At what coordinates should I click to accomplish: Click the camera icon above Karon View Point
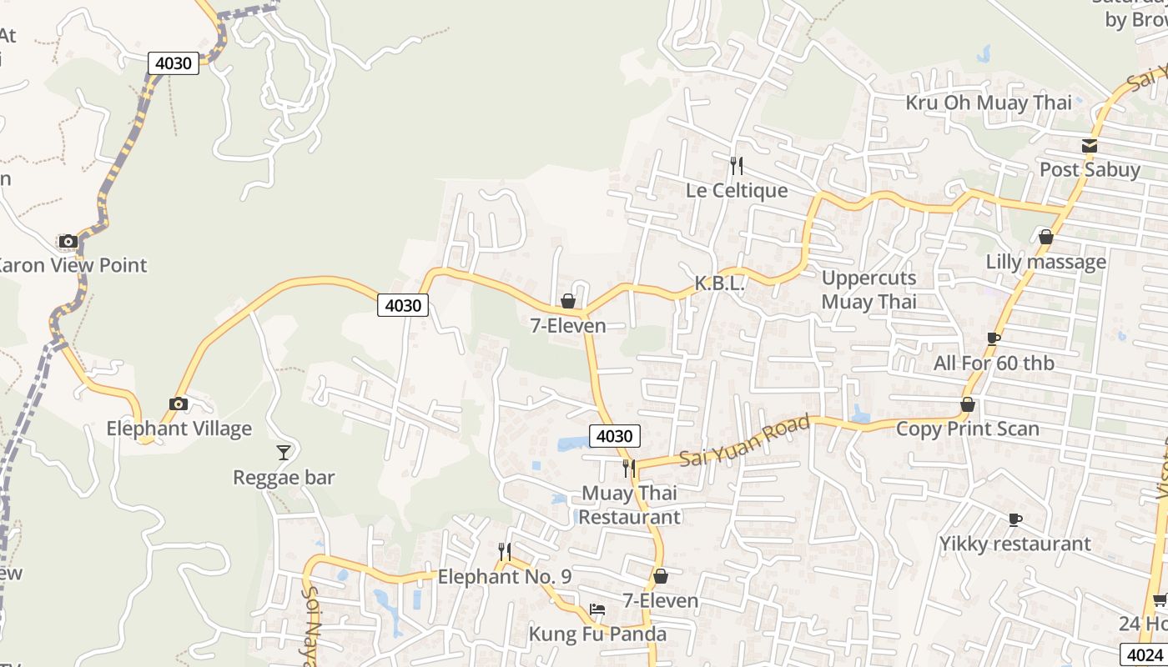[68, 242]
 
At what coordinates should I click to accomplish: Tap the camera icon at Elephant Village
[179, 404]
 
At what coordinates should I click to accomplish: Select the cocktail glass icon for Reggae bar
[284, 453]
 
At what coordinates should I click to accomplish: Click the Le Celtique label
[737, 190]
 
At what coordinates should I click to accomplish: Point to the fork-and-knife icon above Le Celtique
[736, 166]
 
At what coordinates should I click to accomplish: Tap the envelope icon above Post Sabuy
[1090, 146]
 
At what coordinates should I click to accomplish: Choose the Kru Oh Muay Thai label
[989, 103]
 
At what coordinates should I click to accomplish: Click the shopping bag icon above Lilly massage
[1046, 238]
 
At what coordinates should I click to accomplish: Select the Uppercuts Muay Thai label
[868, 289]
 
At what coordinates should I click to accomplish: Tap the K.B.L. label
[719, 283]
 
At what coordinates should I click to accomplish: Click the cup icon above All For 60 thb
[994, 339]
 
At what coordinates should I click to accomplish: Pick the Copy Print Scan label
[968, 429]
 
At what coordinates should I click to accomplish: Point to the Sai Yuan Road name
[744, 442]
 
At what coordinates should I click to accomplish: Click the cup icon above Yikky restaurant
[1015, 520]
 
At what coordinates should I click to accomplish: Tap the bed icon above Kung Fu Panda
[597, 609]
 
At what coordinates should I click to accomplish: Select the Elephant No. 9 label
[505, 576]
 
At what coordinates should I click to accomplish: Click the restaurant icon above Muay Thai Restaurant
[629, 469]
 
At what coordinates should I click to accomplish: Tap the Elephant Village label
[179, 429]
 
